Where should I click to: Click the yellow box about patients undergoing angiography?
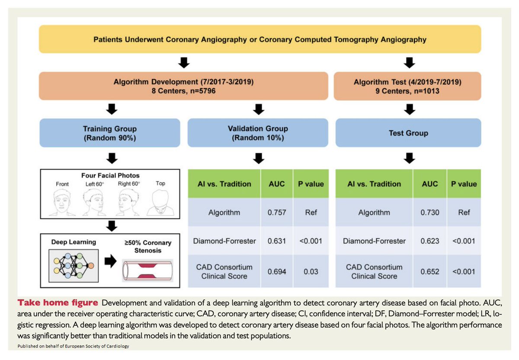click(x=259, y=39)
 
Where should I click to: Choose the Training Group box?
click(x=109, y=133)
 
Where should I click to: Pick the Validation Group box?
click(x=258, y=133)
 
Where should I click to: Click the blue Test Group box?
click(x=408, y=133)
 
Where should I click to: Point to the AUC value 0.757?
click(x=276, y=212)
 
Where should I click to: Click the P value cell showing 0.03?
click(x=311, y=271)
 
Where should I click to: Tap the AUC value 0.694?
click(x=276, y=271)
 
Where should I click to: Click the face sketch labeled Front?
click(x=62, y=202)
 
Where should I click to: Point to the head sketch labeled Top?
click(x=160, y=202)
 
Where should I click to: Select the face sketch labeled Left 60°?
click(x=93, y=202)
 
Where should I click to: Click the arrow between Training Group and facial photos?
click(x=112, y=158)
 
